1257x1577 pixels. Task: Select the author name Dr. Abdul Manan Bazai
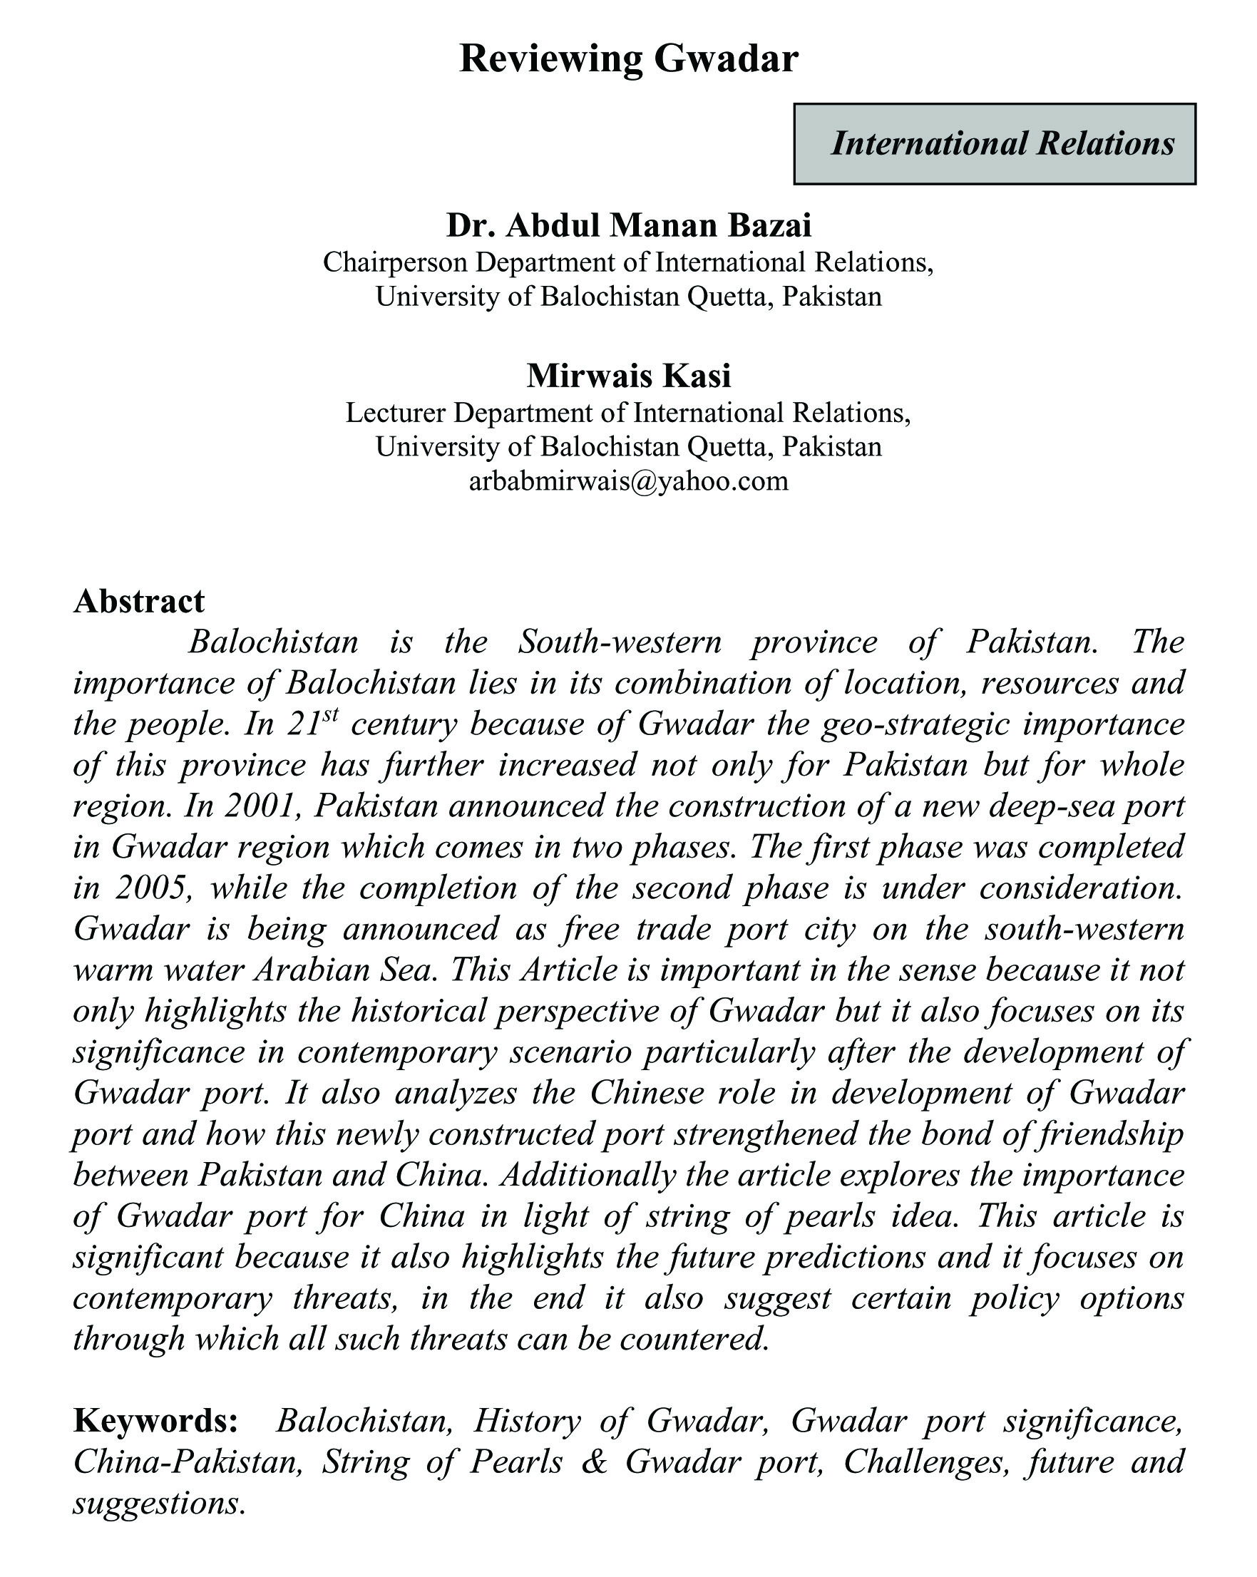pyautogui.click(x=629, y=226)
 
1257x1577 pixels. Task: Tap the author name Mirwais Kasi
pyautogui.click(x=629, y=376)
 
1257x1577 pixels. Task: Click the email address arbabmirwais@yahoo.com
pyautogui.click(x=629, y=481)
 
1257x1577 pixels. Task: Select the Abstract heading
pyautogui.click(x=139, y=601)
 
